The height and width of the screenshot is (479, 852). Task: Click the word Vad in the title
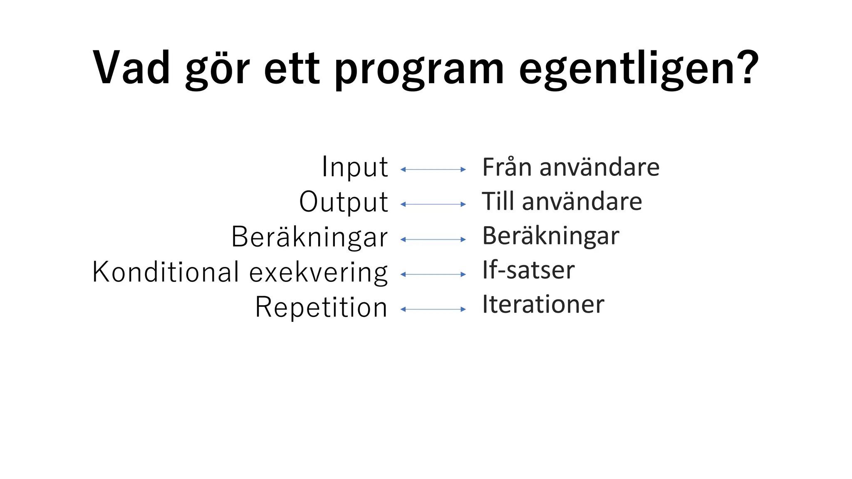(131, 68)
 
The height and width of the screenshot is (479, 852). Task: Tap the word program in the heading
(419, 69)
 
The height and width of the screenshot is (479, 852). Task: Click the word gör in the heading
(217, 69)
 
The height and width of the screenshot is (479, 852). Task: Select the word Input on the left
(354, 167)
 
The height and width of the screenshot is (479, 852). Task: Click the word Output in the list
(344, 202)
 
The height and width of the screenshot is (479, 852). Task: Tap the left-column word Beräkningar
(310, 237)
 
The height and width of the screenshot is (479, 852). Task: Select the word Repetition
(321, 307)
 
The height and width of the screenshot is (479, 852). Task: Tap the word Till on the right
(498, 202)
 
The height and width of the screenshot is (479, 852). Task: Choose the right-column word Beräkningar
(550, 236)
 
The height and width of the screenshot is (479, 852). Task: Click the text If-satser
(528, 270)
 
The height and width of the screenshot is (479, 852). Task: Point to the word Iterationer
(543, 304)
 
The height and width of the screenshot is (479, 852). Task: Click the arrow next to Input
(433, 169)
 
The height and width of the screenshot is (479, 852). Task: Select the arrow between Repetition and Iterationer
(433, 309)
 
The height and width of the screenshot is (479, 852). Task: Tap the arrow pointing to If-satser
(433, 274)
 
